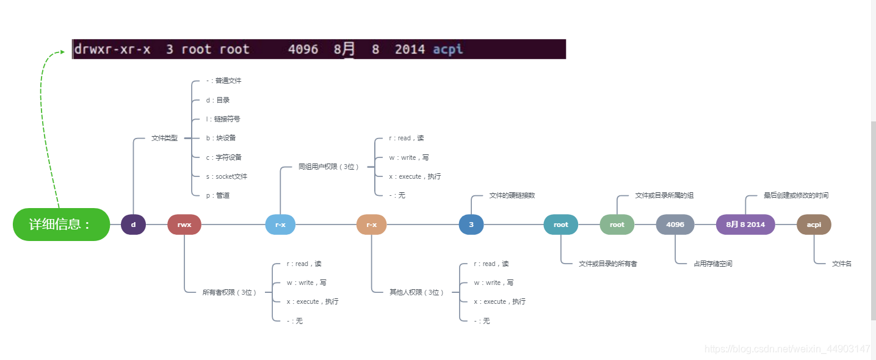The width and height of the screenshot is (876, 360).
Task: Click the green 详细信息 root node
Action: (x=61, y=225)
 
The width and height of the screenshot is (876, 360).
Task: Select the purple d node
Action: (x=133, y=225)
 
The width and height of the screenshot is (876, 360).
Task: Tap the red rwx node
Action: (x=184, y=225)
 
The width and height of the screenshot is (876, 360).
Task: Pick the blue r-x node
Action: (x=280, y=225)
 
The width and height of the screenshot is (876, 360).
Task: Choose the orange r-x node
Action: (x=371, y=225)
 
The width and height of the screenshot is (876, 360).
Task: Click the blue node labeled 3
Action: (x=471, y=225)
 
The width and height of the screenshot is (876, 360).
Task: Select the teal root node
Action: (x=560, y=225)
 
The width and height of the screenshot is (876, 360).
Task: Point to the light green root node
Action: (x=617, y=225)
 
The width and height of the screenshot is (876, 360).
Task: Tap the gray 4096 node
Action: (x=675, y=225)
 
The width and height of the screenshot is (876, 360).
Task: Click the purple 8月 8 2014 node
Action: (x=745, y=225)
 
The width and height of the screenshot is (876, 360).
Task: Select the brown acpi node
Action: (x=814, y=225)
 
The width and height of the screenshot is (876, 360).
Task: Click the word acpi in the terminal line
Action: (x=447, y=49)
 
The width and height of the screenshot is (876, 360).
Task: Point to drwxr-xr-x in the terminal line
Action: (x=112, y=49)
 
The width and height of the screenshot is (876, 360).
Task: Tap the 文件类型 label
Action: (x=164, y=139)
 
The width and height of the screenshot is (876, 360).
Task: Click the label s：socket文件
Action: (x=226, y=176)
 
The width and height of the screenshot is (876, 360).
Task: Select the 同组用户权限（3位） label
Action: (x=328, y=167)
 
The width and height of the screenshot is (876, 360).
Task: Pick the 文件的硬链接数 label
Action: (x=512, y=195)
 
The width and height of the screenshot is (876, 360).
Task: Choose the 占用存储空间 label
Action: (x=712, y=264)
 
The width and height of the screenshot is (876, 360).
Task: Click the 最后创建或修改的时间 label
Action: (x=795, y=195)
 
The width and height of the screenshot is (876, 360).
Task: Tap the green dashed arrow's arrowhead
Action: (x=62, y=52)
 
